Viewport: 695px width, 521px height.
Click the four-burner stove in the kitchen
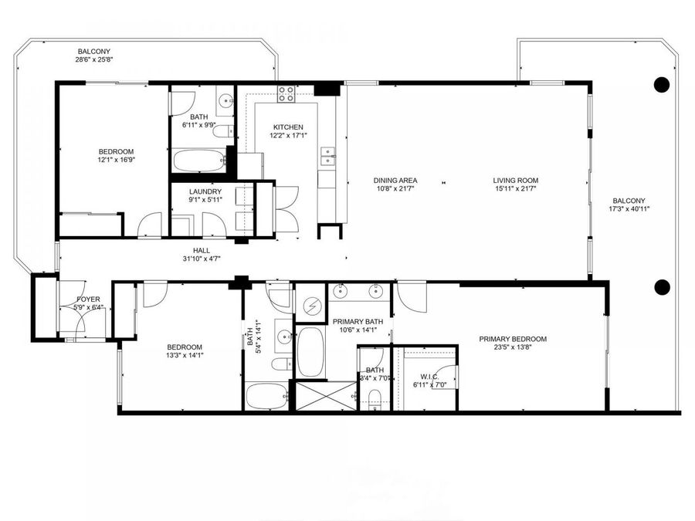click(286, 94)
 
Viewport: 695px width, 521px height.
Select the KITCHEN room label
click(288, 127)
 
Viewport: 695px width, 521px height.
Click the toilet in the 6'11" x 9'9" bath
click(221, 132)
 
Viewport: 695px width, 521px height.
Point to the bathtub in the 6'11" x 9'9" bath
click(198, 160)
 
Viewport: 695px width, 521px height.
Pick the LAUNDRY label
click(205, 192)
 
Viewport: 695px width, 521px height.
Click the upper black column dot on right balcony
click(661, 85)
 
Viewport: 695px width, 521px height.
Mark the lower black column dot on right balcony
click(661, 287)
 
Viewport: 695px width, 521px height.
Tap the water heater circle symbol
click(312, 306)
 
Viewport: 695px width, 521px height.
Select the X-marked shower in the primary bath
click(324, 395)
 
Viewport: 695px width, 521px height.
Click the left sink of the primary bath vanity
click(341, 292)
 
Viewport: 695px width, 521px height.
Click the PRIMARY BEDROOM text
click(513, 339)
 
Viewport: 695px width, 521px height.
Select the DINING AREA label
click(395, 181)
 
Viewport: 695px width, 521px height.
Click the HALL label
click(202, 250)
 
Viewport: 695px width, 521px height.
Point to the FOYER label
click(88, 299)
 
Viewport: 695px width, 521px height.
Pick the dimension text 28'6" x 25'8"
click(94, 59)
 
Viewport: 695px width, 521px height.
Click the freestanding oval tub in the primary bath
click(311, 351)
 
